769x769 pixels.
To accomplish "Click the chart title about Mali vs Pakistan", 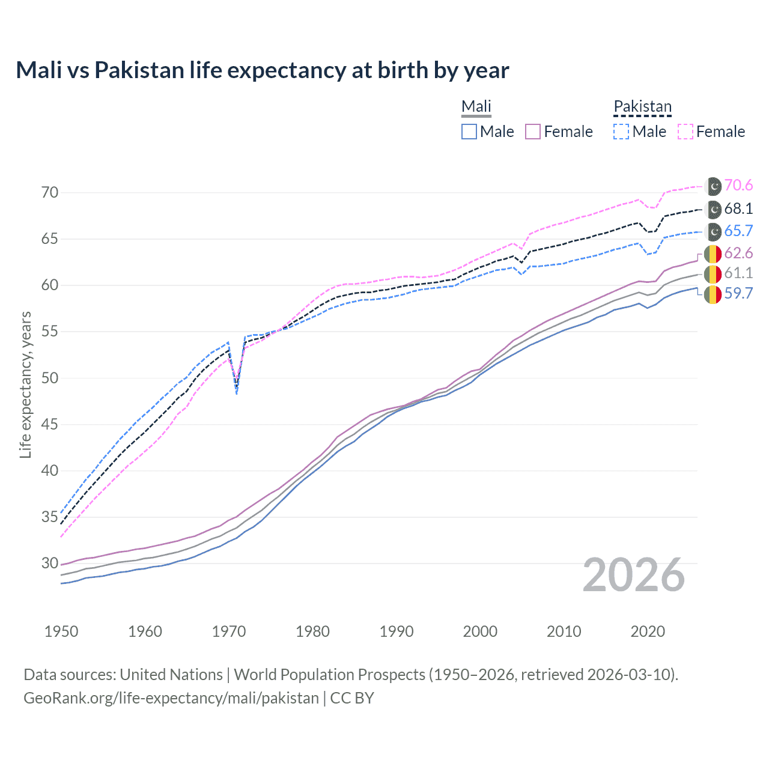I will (x=262, y=70).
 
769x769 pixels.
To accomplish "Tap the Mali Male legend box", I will (x=469, y=132).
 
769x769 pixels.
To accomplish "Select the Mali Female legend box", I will (x=533, y=132).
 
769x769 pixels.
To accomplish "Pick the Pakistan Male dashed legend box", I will (x=621, y=132).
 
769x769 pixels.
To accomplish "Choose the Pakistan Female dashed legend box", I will (x=685, y=132).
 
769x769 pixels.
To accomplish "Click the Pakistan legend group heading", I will (x=642, y=106).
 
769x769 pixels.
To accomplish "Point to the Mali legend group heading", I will (x=476, y=106).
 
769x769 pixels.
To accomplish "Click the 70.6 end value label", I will (x=738, y=186).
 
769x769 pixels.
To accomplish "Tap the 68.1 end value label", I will (x=738, y=208).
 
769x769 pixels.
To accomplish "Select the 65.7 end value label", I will (x=738, y=231).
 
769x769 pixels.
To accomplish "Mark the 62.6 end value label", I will (x=738, y=253).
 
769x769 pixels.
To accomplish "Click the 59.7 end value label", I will (x=738, y=293).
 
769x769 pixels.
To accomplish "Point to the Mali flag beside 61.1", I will (x=713, y=274).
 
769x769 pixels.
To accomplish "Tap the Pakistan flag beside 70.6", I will (x=713, y=186).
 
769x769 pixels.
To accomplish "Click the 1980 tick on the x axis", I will (x=312, y=631).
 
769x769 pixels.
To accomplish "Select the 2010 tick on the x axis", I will (x=564, y=631).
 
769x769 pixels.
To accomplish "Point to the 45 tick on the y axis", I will (x=50, y=424).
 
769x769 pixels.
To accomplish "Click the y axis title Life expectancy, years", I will (x=25, y=384).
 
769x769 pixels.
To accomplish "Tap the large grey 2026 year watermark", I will (x=633, y=575).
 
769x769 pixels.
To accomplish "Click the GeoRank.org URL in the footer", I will (x=171, y=698).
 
